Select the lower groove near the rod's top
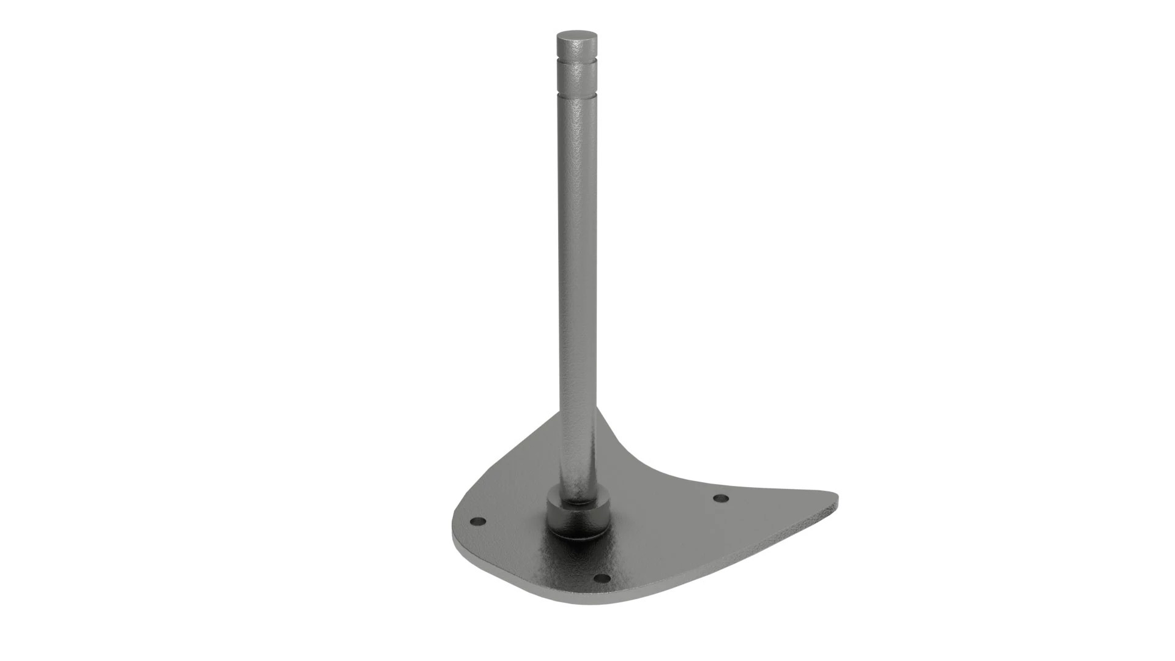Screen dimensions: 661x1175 (577, 95)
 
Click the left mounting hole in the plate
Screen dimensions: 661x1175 (478, 522)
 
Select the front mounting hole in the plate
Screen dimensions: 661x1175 (603, 578)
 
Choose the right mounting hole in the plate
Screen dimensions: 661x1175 (722, 498)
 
